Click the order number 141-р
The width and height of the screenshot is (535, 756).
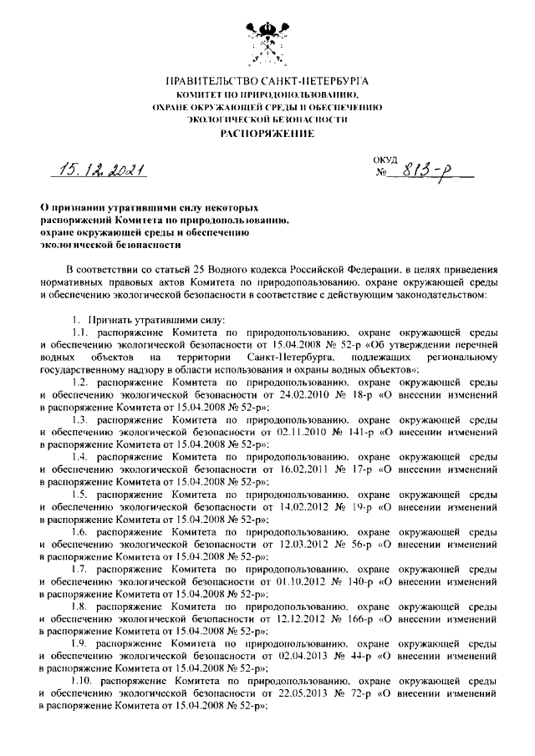(354, 432)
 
